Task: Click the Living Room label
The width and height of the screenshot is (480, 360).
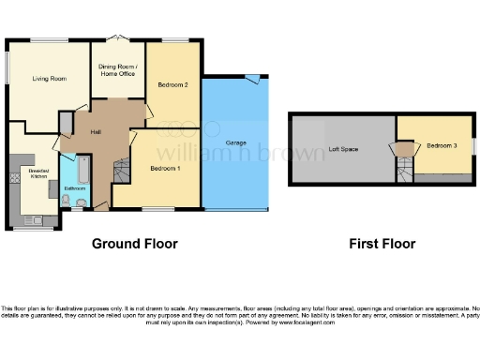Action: pyautogui.click(x=50, y=80)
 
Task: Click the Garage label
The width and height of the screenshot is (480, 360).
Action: pyautogui.click(x=236, y=142)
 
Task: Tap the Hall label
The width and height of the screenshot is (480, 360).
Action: pyautogui.click(x=96, y=131)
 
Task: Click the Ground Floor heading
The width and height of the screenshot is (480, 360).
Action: pyautogui.click(x=134, y=244)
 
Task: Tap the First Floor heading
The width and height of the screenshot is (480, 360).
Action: pyautogui.click(x=382, y=244)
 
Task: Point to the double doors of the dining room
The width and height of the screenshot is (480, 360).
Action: pyautogui.click(x=117, y=38)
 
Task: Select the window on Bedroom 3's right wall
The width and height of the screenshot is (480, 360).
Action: pyautogui.click(x=473, y=145)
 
